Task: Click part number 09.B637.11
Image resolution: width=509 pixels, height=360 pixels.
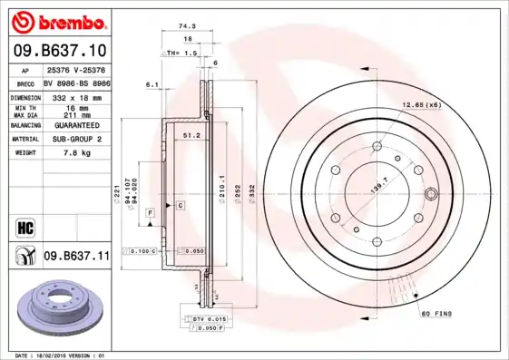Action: tap(75, 257)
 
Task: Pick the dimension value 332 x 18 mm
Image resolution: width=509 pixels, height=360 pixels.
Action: tap(75, 95)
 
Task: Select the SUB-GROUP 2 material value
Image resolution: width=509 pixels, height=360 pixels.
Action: tap(75, 139)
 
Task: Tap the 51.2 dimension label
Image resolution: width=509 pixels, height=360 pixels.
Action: tap(191, 135)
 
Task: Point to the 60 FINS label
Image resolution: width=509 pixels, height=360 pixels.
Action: tap(437, 313)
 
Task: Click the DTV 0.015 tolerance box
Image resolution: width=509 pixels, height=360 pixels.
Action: tap(209, 319)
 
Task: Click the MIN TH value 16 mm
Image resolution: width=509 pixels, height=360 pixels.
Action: tap(75, 106)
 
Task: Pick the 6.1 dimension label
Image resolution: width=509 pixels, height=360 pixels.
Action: tap(152, 84)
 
